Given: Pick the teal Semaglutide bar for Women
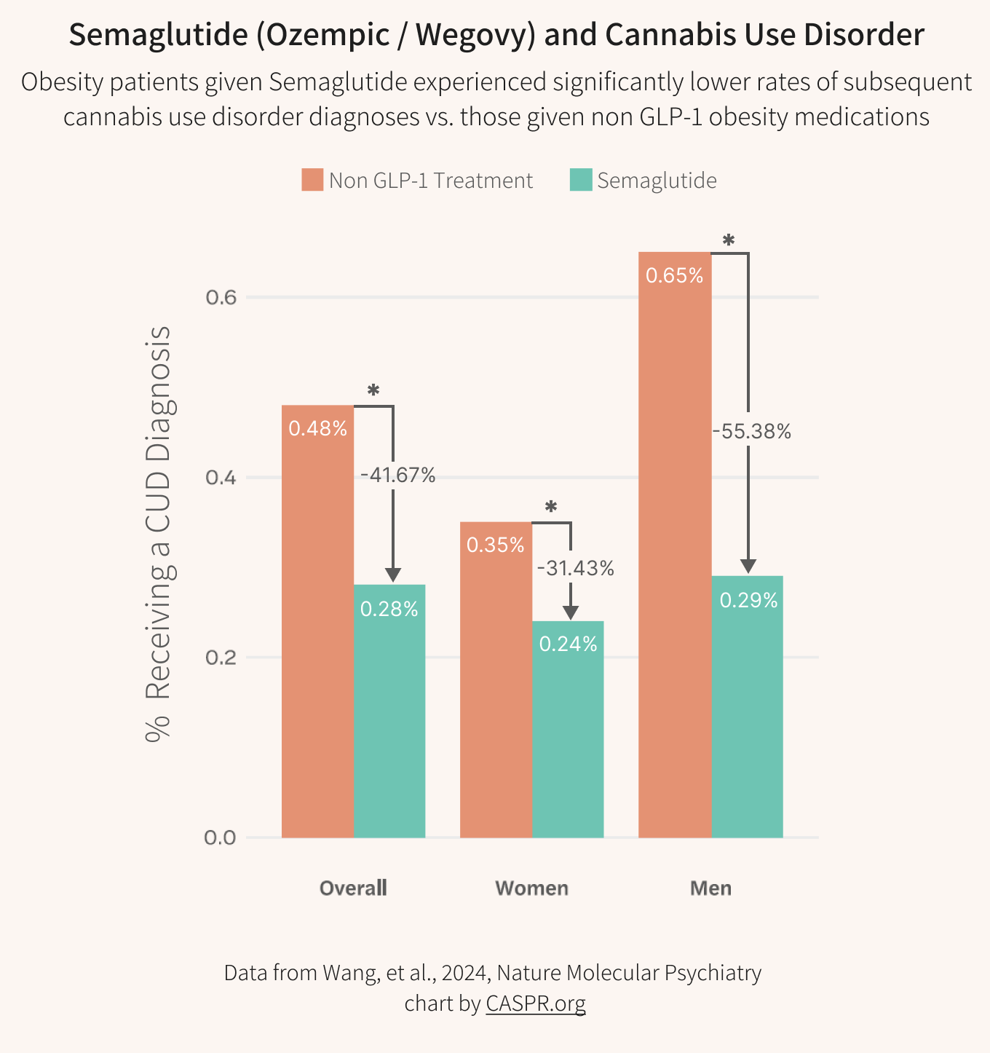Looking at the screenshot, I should tap(568, 729).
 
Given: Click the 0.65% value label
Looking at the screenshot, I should tap(675, 276).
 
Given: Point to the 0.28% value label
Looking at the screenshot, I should tap(389, 609).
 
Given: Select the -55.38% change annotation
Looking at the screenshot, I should tap(751, 432).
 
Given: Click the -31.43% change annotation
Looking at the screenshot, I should tap(575, 568).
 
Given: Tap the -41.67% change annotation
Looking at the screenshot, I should tap(397, 476).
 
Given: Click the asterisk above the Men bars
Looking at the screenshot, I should tap(728, 241).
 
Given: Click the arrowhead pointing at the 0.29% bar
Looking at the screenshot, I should tap(748, 567).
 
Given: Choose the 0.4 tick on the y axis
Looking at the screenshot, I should tap(221, 478).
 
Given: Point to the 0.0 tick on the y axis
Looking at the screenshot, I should tap(221, 837).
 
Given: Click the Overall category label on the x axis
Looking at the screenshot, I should tap(353, 888).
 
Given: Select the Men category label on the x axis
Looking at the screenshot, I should tap(710, 888).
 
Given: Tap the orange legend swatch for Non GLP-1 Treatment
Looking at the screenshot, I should tap(312, 180).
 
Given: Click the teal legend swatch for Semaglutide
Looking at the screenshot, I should tap(580, 180).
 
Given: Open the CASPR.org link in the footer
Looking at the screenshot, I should tap(535, 1003).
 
